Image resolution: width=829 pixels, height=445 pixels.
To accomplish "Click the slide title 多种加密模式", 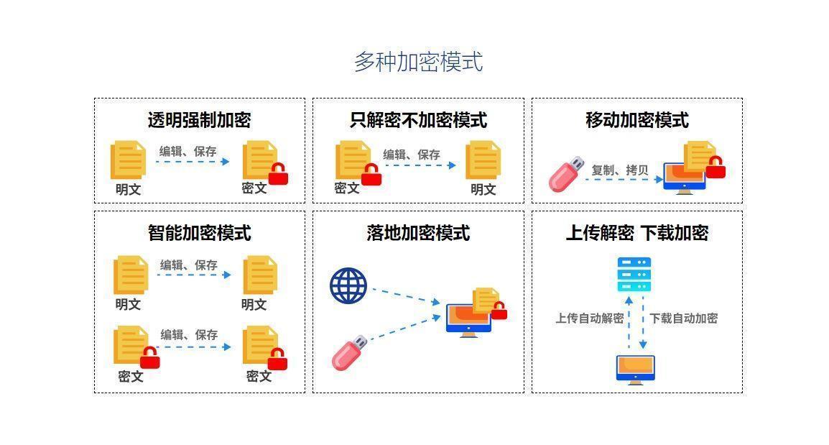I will [x=418, y=62].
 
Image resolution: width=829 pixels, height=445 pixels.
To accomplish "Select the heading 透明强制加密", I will [x=199, y=120].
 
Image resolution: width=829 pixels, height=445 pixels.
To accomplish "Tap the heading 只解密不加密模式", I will [x=418, y=120].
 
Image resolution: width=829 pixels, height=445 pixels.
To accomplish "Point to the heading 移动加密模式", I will [x=636, y=120].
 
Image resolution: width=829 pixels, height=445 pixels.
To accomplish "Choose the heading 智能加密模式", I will [x=199, y=233].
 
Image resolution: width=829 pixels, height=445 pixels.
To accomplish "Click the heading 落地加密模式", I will [x=418, y=233].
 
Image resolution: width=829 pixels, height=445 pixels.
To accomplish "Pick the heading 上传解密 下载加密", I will [x=636, y=233].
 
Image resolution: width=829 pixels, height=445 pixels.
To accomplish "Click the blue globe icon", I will [x=348, y=286].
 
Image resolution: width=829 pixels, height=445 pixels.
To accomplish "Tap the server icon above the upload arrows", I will [x=634, y=274].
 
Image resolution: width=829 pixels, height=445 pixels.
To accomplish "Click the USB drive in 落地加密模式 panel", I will [x=349, y=352].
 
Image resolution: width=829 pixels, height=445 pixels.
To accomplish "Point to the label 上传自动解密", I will [x=589, y=318].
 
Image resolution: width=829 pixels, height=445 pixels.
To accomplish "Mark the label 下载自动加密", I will [x=683, y=318].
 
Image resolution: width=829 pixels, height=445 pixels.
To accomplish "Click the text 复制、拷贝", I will [x=619, y=170].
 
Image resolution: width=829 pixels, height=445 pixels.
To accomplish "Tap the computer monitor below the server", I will [x=635, y=369].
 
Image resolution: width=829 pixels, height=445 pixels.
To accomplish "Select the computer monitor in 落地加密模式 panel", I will [x=468, y=319].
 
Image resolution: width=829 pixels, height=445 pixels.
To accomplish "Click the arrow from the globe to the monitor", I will [x=405, y=295].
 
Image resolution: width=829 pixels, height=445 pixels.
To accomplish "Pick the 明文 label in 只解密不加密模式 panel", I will [x=483, y=189].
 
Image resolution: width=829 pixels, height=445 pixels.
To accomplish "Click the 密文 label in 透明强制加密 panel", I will [x=254, y=188].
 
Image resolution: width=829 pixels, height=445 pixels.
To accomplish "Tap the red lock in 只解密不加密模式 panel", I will [x=371, y=175].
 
